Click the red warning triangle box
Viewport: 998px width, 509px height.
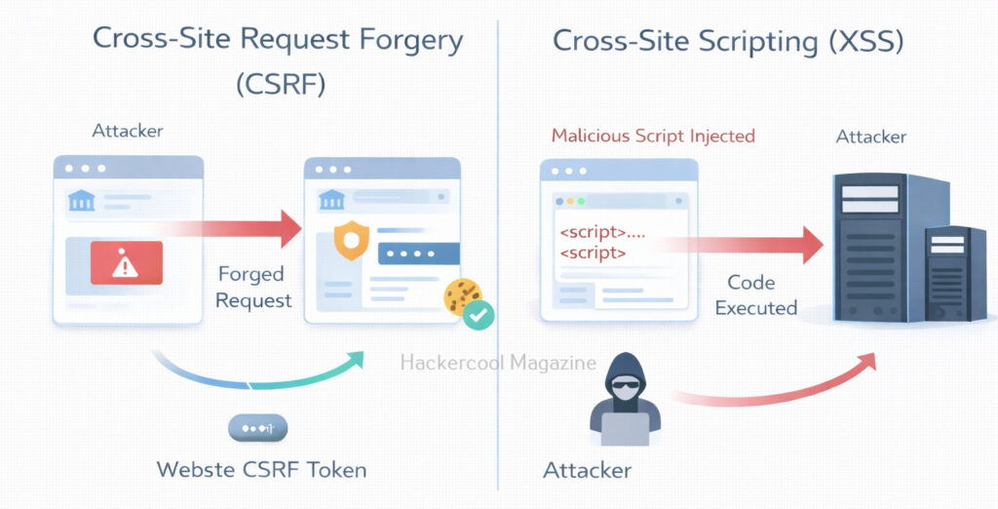126,262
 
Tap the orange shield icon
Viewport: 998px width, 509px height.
351,240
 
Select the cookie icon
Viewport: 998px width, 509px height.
462,295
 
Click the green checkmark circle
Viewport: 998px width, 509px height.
478,314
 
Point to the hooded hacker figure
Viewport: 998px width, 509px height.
625,399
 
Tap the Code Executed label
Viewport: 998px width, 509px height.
755,294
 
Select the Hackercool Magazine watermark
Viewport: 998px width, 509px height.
498,363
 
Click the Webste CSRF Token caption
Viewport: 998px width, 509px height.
261,470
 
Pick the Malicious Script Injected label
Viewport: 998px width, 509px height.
653,136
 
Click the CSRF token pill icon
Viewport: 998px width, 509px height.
257,428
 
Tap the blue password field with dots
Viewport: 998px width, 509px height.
419,253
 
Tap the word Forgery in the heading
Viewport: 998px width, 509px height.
411,41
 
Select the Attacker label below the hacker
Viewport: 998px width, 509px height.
587,470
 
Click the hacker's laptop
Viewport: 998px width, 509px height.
625,429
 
